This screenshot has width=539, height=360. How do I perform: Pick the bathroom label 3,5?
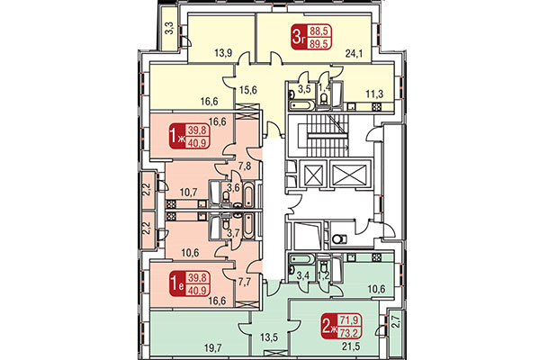click(303, 91)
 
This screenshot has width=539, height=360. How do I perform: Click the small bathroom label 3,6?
click(232, 187)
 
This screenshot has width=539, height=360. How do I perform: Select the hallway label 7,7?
click(243, 282)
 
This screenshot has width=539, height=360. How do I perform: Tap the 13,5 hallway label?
click(269, 339)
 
